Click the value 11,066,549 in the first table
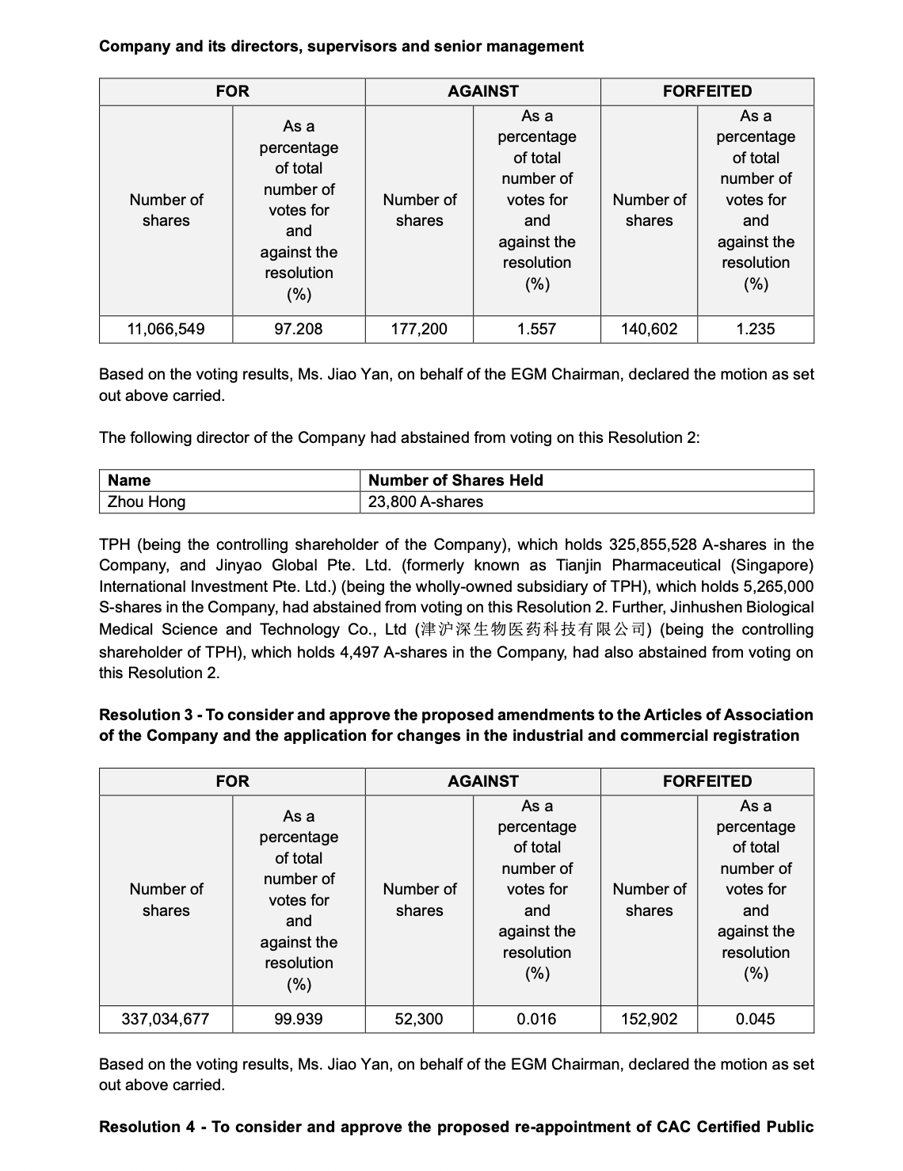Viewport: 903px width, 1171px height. coord(166,329)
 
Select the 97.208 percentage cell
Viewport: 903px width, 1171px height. coord(299,329)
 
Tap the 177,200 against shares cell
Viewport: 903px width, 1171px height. coord(419,329)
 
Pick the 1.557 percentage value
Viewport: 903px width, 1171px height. coord(536,329)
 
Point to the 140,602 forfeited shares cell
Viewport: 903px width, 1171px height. coord(649,329)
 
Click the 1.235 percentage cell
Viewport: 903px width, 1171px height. coord(755,329)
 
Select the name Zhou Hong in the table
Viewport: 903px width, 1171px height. coord(147,502)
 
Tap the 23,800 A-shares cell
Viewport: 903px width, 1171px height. coord(425,502)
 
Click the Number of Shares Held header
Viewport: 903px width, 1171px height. coord(455,480)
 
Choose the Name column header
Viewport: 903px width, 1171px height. coord(129,480)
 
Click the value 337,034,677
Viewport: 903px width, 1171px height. coord(166,1019)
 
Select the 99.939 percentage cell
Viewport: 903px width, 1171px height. coord(299,1019)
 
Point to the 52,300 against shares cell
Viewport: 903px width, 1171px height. coord(419,1019)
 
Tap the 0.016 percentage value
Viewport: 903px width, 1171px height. coord(536,1019)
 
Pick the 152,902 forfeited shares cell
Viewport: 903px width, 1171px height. coord(649,1019)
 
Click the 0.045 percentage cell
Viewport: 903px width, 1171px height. coord(755,1019)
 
